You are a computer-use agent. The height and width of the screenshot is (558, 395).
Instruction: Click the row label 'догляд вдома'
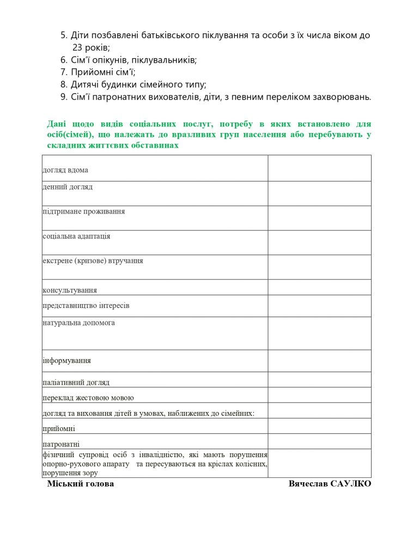click(65, 170)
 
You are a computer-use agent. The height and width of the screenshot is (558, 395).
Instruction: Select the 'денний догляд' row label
click(68, 187)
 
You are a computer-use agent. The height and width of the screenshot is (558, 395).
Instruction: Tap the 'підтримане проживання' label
click(83, 211)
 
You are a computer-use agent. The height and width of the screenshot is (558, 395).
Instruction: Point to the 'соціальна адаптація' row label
click(76, 236)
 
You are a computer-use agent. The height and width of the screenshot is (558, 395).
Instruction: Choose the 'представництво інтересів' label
click(86, 306)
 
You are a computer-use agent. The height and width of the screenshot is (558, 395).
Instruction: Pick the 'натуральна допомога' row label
click(78, 323)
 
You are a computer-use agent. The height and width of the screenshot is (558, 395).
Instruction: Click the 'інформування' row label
click(66, 361)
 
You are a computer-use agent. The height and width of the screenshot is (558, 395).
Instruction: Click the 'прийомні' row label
click(59, 429)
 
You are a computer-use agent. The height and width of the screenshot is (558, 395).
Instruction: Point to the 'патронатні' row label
click(61, 444)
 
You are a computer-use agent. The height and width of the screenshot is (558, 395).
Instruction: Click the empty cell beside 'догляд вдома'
click(319, 168)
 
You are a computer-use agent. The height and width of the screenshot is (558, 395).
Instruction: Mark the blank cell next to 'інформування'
click(319, 361)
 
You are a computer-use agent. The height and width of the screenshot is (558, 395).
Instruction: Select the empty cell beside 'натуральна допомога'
click(319, 333)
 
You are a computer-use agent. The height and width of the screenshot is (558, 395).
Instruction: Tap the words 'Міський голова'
click(81, 484)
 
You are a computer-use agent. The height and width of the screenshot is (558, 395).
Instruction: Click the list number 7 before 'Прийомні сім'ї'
click(63, 72)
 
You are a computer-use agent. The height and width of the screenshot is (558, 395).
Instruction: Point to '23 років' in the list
click(91, 48)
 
